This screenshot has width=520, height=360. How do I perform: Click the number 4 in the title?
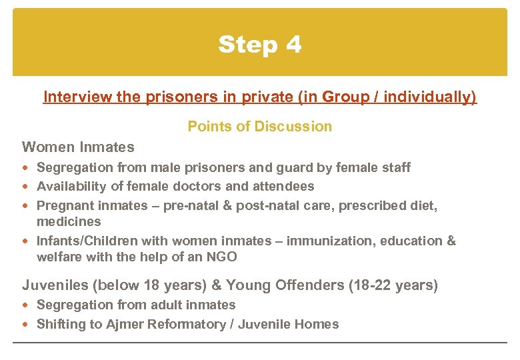pos(293,45)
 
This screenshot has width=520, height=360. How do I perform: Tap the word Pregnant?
pos(63,205)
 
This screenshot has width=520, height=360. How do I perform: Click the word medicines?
pos(69,221)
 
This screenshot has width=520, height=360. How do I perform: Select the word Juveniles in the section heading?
pos(55,285)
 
